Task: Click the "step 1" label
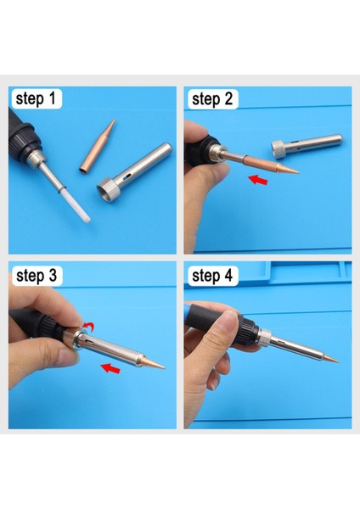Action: click(37, 98)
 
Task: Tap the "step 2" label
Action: click(212, 98)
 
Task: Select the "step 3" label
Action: click(37, 276)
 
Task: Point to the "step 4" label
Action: click(212, 276)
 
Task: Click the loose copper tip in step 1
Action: click(98, 146)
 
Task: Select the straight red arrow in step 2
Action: click(258, 179)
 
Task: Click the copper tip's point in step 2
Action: click(298, 172)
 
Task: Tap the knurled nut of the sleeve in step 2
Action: click(278, 149)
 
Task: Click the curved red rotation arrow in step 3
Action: click(88, 327)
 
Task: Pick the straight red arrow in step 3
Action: click(110, 368)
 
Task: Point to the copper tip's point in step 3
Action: click(164, 368)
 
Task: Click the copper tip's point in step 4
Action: click(338, 361)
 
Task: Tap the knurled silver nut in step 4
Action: click(265, 338)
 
